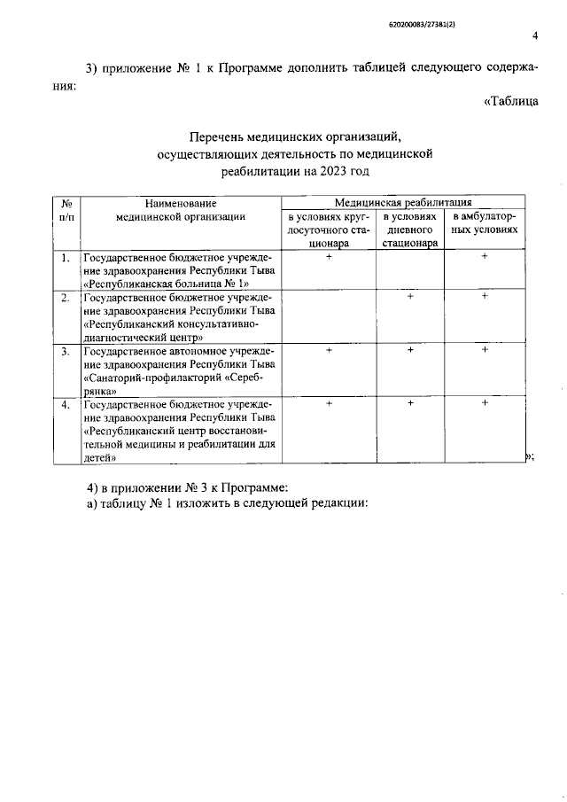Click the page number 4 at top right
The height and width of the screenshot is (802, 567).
pyautogui.click(x=534, y=36)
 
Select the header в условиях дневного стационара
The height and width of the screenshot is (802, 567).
pyautogui.click(x=409, y=229)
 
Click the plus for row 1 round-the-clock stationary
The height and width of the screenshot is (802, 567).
pyautogui.click(x=329, y=257)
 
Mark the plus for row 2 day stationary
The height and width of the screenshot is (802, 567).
pyautogui.click(x=410, y=297)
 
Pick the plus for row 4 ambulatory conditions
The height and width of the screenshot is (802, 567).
pyautogui.click(x=485, y=403)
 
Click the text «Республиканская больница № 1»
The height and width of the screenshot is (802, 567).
pyautogui.click(x=163, y=284)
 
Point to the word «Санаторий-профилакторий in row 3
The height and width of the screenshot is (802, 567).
pyautogui.click(x=148, y=378)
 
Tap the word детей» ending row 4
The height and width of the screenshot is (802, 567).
pyautogui.click(x=100, y=458)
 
